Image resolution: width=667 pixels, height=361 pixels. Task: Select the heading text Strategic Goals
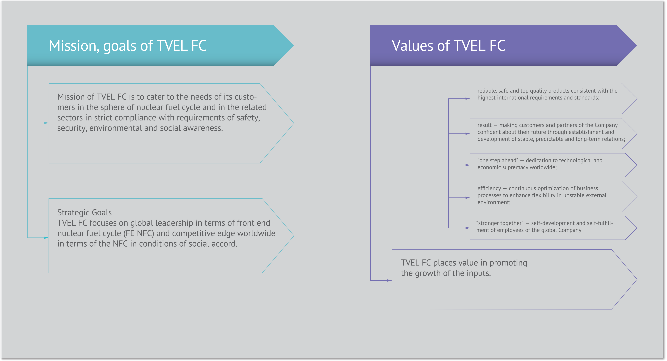coord(84,213)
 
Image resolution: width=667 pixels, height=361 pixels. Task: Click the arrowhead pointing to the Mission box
coord(46,123)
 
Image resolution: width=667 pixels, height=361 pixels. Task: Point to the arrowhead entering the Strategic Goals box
coord(46,238)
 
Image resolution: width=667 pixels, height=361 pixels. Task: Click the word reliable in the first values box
coord(487,91)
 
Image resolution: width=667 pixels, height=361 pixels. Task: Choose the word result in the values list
coord(484,125)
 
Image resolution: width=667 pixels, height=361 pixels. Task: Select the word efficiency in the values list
coord(489,189)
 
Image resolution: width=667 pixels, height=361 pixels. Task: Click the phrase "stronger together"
coord(500,223)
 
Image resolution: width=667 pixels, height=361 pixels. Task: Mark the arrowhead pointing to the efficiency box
coord(467,198)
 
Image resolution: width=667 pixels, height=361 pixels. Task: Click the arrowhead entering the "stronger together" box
coord(467,228)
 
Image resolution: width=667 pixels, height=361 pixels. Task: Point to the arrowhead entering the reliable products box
coord(467,98)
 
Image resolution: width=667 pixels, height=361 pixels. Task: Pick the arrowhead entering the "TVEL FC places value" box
coord(389,280)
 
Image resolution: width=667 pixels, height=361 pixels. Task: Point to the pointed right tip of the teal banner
coord(293,46)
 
